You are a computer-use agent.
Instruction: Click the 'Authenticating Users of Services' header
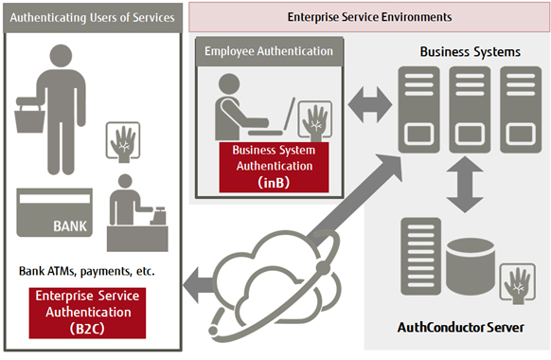[93, 18]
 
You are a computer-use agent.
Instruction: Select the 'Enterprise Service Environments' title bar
[369, 17]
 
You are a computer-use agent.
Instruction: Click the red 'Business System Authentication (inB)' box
[274, 168]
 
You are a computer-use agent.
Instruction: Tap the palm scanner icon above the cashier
[124, 139]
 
